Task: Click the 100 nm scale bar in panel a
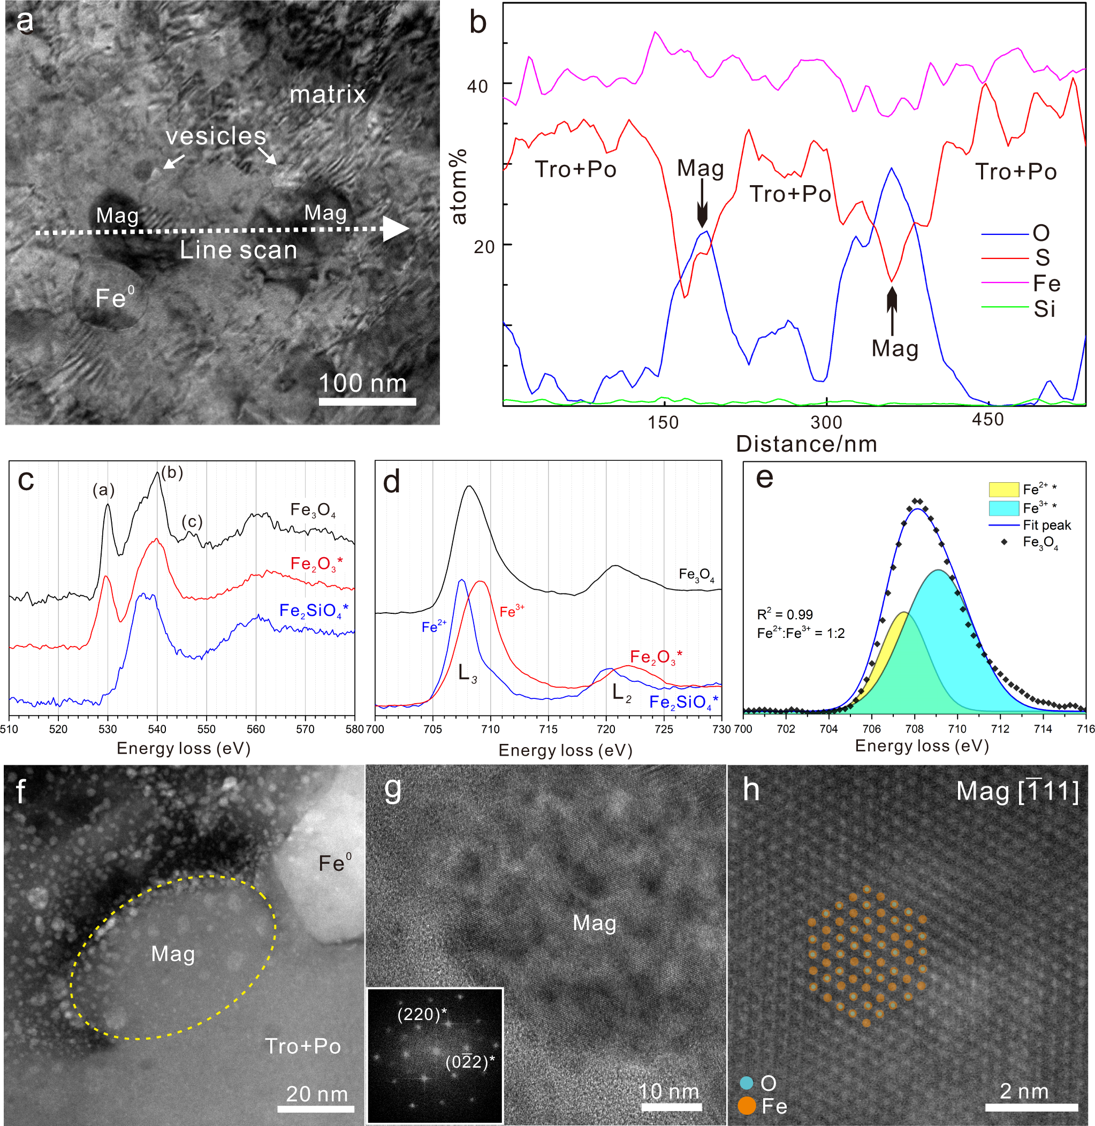click(x=367, y=401)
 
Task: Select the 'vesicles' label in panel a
click(x=216, y=136)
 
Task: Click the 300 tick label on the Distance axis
click(x=826, y=422)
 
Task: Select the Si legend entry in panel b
click(x=1044, y=309)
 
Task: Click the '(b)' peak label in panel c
click(x=172, y=472)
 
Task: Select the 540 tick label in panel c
click(x=157, y=729)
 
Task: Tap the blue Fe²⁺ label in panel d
click(x=434, y=627)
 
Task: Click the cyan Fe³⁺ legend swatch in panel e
click(x=1003, y=508)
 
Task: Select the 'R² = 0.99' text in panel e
click(x=785, y=614)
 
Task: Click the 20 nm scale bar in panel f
click(x=315, y=1108)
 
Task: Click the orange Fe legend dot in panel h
click(x=747, y=1105)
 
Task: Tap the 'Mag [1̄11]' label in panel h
click(x=1017, y=792)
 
